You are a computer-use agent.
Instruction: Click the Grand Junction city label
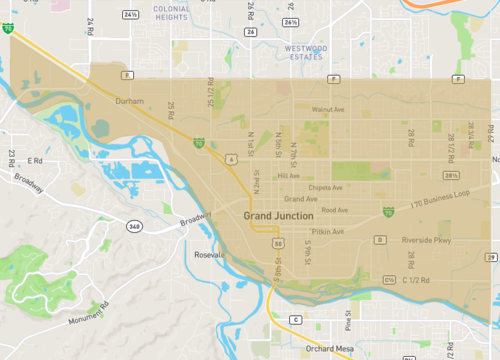coord(279,216)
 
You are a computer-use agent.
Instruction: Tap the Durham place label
coord(130,101)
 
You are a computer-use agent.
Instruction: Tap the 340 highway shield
coord(133,227)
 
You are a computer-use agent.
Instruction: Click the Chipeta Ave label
coord(326,187)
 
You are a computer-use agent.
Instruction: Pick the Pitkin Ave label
coord(328,231)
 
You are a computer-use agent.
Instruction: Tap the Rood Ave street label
coord(335,210)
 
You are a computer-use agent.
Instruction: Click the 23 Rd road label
coord(11,158)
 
